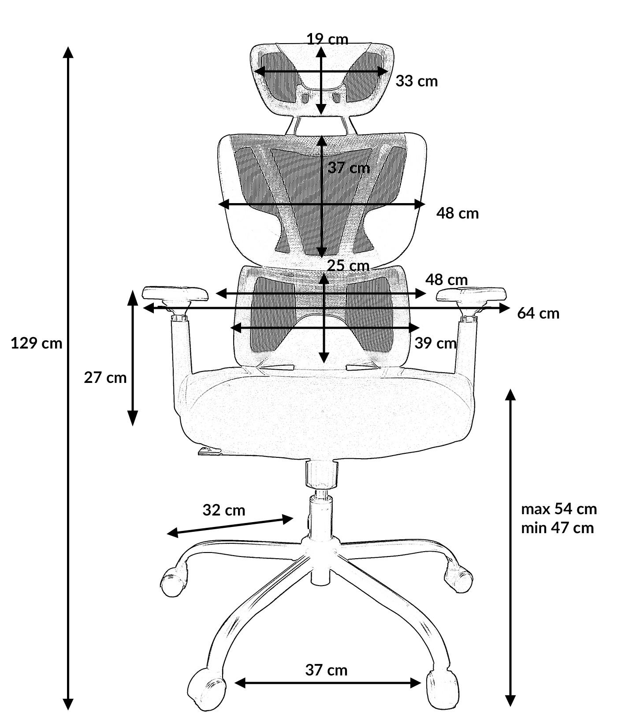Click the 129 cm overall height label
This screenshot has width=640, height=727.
[x=37, y=343]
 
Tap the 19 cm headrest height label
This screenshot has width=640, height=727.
[x=327, y=39]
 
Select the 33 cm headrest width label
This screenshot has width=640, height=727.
[x=417, y=81]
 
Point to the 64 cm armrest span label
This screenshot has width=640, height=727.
[x=538, y=313]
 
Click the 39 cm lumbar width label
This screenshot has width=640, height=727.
[x=435, y=343]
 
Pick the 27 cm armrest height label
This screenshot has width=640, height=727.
[x=105, y=378]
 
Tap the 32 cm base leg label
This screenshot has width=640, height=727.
[x=224, y=510]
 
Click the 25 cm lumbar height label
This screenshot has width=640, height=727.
[x=348, y=266]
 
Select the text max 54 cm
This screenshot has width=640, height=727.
[x=559, y=509]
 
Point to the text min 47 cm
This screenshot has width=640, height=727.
[x=558, y=527]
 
